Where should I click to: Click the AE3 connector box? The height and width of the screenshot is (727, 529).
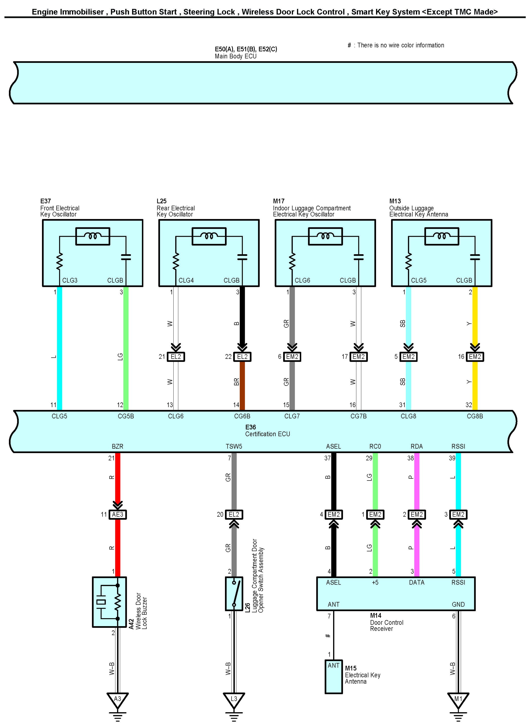coord(118,514)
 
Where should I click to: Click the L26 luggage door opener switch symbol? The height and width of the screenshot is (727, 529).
coord(234,594)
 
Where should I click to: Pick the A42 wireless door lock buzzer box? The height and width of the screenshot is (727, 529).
coord(109,602)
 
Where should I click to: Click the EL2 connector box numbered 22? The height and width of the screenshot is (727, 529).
coord(242,357)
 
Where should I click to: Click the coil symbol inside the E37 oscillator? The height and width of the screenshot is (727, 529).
coord(93,236)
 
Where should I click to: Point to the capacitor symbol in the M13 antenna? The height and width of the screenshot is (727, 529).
coord(475,257)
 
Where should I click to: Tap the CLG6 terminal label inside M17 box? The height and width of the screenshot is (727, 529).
coord(302,280)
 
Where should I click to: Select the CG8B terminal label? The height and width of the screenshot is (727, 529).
coord(475,416)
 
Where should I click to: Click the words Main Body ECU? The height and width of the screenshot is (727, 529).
coord(236,56)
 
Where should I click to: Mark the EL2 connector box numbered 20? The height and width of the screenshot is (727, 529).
coord(234,514)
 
